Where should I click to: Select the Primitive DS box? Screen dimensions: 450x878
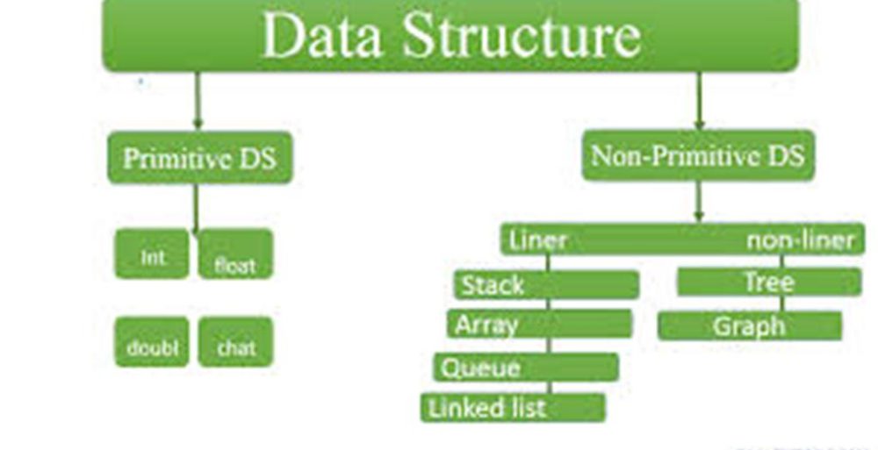[199, 159]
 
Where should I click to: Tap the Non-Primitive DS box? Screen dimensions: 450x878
[698, 156]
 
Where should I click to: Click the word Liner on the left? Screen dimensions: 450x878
[538, 239]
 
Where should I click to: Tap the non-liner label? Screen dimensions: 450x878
[800, 239]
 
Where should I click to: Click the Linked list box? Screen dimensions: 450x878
[513, 407]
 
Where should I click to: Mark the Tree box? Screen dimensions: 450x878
[769, 282]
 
